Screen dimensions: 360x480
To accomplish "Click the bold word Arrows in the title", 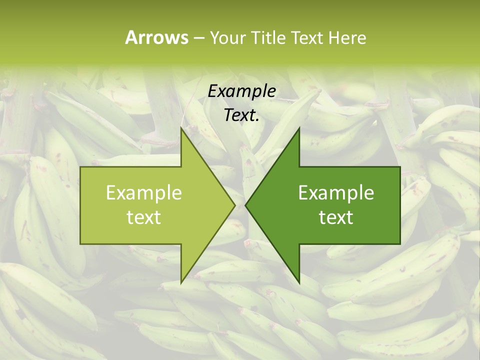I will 156,37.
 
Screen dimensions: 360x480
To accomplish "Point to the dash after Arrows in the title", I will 198,38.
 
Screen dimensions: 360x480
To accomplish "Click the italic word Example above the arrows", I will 241,91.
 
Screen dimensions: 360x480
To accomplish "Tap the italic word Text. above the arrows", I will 241,115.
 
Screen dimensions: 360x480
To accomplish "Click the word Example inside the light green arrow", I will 144,193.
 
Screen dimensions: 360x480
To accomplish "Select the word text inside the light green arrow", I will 144,217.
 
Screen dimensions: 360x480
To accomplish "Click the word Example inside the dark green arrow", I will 336,193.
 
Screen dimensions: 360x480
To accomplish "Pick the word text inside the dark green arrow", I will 336,217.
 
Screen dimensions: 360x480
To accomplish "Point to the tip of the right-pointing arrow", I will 235,204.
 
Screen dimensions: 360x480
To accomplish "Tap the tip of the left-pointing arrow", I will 245,204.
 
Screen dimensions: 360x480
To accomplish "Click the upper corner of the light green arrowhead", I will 181,128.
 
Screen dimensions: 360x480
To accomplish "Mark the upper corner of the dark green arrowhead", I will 299,128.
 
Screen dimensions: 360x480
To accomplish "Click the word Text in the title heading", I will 307,38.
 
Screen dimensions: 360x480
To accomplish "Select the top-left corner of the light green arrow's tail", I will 80,167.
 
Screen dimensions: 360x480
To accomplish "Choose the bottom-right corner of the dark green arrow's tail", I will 400,243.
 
